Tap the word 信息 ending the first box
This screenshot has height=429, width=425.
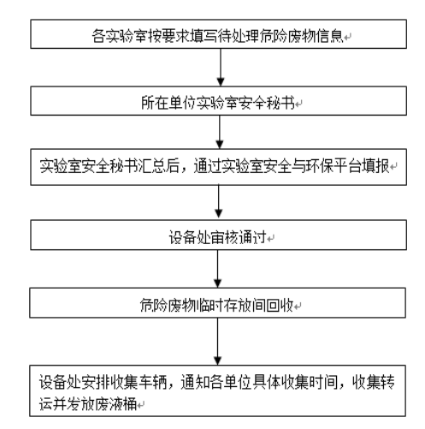[x=329, y=36]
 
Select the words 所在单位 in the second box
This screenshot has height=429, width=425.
[x=169, y=103]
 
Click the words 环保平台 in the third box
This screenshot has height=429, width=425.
[x=334, y=166]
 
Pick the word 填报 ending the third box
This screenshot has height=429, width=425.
[x=375, y=166]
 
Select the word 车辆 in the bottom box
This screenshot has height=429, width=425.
[x=153, y=382]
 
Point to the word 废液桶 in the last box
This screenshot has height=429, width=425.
[x=116, y=403]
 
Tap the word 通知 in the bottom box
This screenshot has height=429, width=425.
[x=195, y=382]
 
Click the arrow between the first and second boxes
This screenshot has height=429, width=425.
[x=221, y=68]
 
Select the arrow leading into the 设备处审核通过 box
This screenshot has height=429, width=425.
[x=219, y=202]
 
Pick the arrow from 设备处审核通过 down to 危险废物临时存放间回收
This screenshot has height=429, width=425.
[x=218, y=269]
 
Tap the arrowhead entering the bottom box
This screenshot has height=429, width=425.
[x=218, y=360]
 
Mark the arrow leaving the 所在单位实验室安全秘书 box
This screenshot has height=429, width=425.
[x=220, y=132]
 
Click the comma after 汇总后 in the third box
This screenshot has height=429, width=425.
[x=184, y=170]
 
